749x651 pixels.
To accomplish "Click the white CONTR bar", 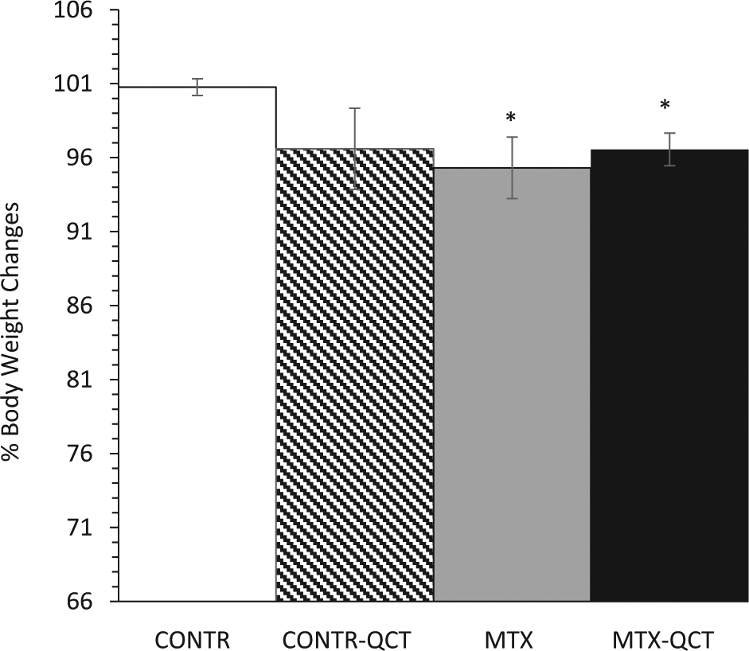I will [197, 342].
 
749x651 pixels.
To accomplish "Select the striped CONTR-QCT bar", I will [354, 374].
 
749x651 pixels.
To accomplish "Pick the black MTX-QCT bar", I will [669, 374].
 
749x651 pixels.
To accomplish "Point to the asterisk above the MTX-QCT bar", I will [665, 106].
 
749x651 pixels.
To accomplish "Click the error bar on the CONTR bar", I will [197, 87].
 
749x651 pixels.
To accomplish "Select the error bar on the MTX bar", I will [513, 167].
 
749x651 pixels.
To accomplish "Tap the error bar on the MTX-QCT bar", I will [669, 149].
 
